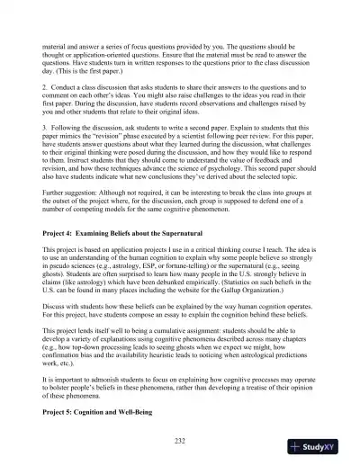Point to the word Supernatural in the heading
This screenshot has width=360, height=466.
click(187, 232)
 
